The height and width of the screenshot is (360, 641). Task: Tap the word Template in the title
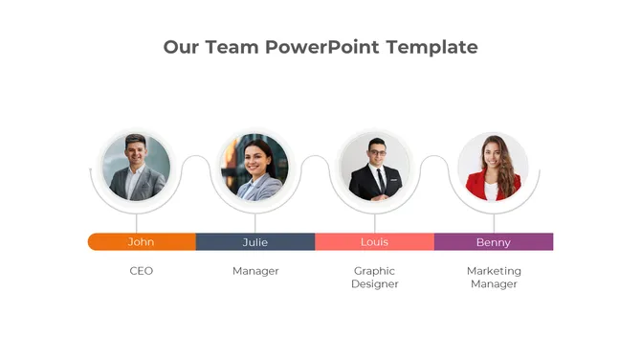coord(431,47)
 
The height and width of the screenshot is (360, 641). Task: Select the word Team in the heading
coord(233,47)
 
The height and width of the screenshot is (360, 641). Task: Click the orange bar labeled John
coord(142,242)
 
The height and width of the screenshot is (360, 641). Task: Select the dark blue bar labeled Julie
coord(255,242)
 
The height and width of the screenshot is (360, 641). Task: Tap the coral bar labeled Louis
coord(374,242)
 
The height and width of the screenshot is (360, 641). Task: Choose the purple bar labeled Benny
coord(494,242)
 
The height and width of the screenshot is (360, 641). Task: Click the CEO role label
coord(142,271)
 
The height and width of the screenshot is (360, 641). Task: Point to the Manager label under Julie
coord(255,271)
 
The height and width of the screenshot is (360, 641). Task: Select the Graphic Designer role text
coord(374,278)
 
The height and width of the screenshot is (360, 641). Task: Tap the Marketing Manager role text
coord(494,278)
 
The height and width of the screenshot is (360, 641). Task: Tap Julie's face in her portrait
coord(256,157)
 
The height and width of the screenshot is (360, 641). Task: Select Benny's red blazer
coord(478,186)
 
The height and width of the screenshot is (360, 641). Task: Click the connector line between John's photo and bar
coord(136,223)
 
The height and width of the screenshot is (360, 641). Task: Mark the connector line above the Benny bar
coord(494,223)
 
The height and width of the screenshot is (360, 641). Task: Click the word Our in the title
coord(181,47)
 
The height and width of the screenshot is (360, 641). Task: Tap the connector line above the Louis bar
coord(374,223)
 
